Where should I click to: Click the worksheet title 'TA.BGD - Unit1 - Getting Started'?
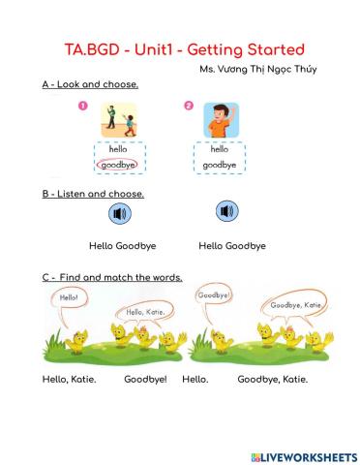click(181, 48)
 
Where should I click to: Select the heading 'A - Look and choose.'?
click(90, 85)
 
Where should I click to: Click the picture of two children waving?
click(120, 121)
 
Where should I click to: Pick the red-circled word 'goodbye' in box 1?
click(118, 166)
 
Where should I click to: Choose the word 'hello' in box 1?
click(118, 150)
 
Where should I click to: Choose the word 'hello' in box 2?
click(220, 150)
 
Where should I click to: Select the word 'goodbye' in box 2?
click(220, 166)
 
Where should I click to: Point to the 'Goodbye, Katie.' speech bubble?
click(295, 306)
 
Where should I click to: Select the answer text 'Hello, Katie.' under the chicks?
click(70, 379)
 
